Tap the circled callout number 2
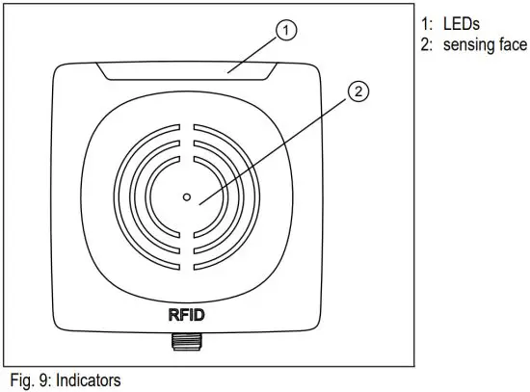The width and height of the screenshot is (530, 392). pyautogui.click(x=358, y=93)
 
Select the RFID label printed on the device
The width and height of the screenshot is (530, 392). pyautogui.click(x=188, y=313)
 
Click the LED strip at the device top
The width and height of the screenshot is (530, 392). pyautogui.click(x=188, y=70)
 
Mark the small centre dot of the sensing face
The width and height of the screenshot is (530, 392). pyautogui.click(x=187, y=197)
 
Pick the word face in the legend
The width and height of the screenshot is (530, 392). pyautogui.click(x=514, y=45)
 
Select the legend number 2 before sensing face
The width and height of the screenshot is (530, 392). pyautogui.click(x=425, y=45)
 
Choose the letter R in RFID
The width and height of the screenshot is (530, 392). pyautogui.click(x=172, y=313)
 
